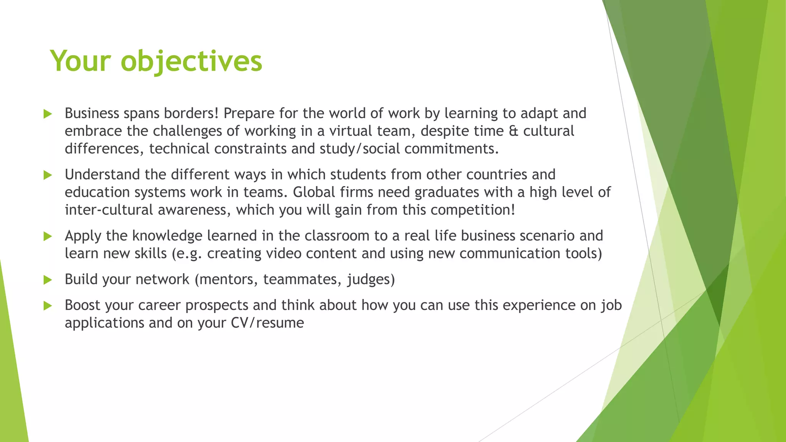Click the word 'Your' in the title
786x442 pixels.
(81, 61)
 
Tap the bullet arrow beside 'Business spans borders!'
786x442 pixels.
(48, 114)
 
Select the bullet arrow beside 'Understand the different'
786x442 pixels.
(48, 175)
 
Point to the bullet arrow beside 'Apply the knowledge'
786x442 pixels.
(48, 236)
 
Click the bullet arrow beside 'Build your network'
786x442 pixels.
(48, 280)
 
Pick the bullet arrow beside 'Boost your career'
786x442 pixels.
(48, 306)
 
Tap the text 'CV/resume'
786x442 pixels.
(268, 323)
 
